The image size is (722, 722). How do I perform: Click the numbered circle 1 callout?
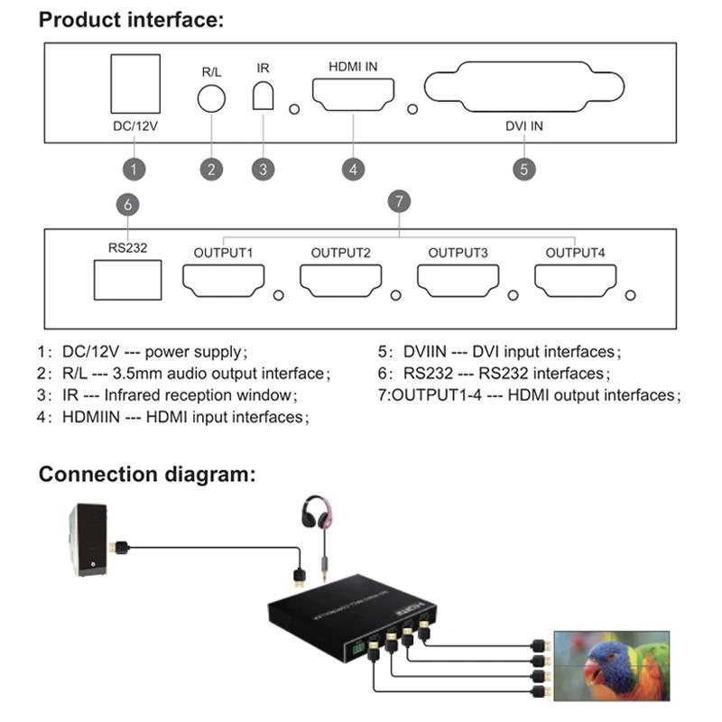click(134, 168)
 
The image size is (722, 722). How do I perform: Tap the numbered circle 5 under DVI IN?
click(523, 168)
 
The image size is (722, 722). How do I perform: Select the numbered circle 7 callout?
click(399, 199)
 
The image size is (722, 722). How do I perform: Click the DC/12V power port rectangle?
click(134, 84)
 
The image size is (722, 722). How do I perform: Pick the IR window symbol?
click(263, 96)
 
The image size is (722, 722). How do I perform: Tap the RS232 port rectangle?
click(127, 280)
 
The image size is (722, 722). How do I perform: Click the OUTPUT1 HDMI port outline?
click(223, 281)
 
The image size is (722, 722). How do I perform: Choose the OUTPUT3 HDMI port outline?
click(458, 281)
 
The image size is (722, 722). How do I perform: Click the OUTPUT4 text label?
click(575, 252)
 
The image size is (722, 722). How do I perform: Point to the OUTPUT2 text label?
click(340, 252)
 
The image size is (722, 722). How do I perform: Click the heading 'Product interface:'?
click(131, 20)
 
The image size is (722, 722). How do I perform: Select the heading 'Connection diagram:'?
click(147, 474)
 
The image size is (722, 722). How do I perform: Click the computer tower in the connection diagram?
click(89, 540)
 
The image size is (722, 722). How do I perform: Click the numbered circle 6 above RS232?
click(128, 205)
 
